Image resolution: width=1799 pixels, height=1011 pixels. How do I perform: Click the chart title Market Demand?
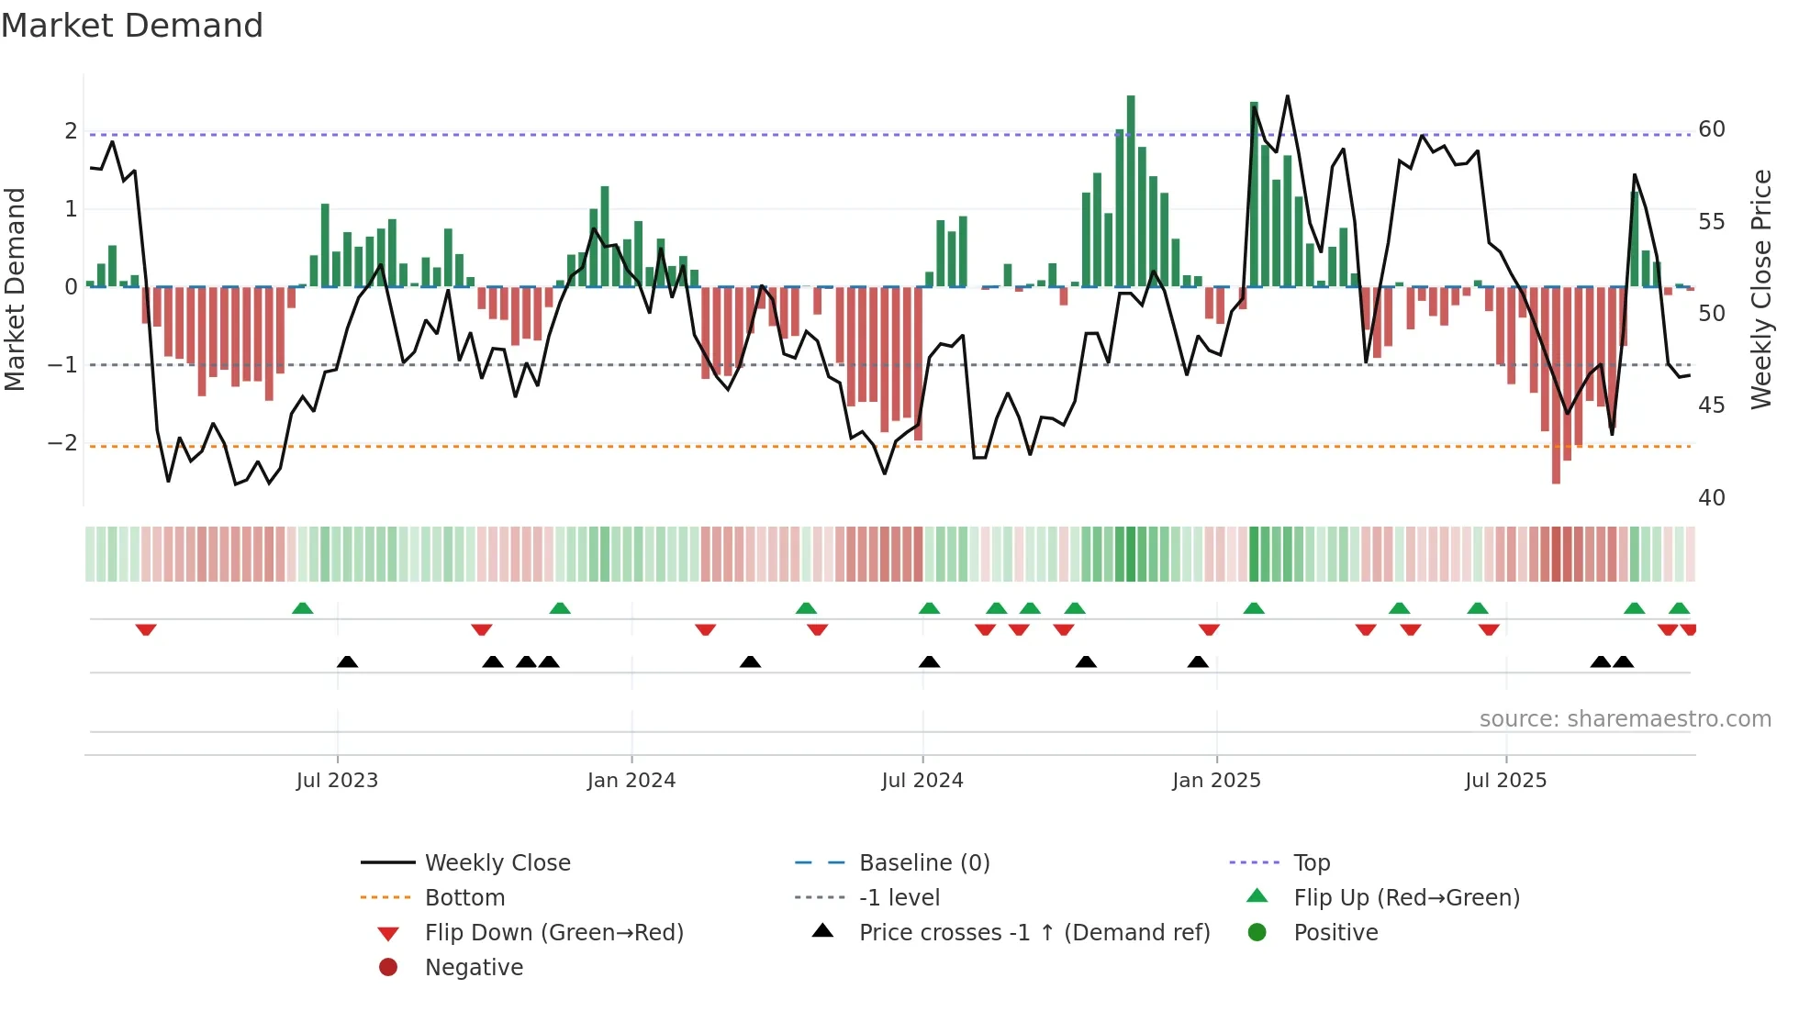pos(132,26)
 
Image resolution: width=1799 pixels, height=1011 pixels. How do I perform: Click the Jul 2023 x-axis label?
pos(337,781)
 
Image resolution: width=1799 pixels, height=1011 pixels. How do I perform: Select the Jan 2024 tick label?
pos(631,781)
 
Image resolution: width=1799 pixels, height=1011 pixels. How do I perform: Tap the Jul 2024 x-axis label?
pos(922,781)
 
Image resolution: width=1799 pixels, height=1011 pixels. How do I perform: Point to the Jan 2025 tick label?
pos(1216,781)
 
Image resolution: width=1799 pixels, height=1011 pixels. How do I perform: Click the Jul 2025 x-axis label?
pos(1505,781)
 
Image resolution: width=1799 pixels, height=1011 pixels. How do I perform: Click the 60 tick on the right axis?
pos(1712,129)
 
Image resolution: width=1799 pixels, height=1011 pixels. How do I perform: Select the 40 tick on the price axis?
pos(1712,498)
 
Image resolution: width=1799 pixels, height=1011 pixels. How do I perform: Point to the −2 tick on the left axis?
pos(62,443)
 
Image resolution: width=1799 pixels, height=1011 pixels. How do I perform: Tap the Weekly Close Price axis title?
pos(1760,289)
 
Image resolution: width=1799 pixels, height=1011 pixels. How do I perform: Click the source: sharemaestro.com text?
pos(1625,719)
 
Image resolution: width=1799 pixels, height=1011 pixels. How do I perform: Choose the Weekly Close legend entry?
pos(497,863)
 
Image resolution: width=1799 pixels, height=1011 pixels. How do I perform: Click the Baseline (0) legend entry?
pos(924,863)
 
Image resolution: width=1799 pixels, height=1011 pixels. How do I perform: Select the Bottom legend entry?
pos(464,898)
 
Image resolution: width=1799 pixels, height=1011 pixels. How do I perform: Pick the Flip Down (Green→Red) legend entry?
pos(553,933)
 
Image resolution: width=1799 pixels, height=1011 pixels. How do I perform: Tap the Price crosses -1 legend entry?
pos(1034,933)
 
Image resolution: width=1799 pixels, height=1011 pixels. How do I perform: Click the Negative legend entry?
pos(474,968)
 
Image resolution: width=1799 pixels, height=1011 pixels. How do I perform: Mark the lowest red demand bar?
pos(1556,385)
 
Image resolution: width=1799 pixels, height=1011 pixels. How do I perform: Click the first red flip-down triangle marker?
pos(146,629)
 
